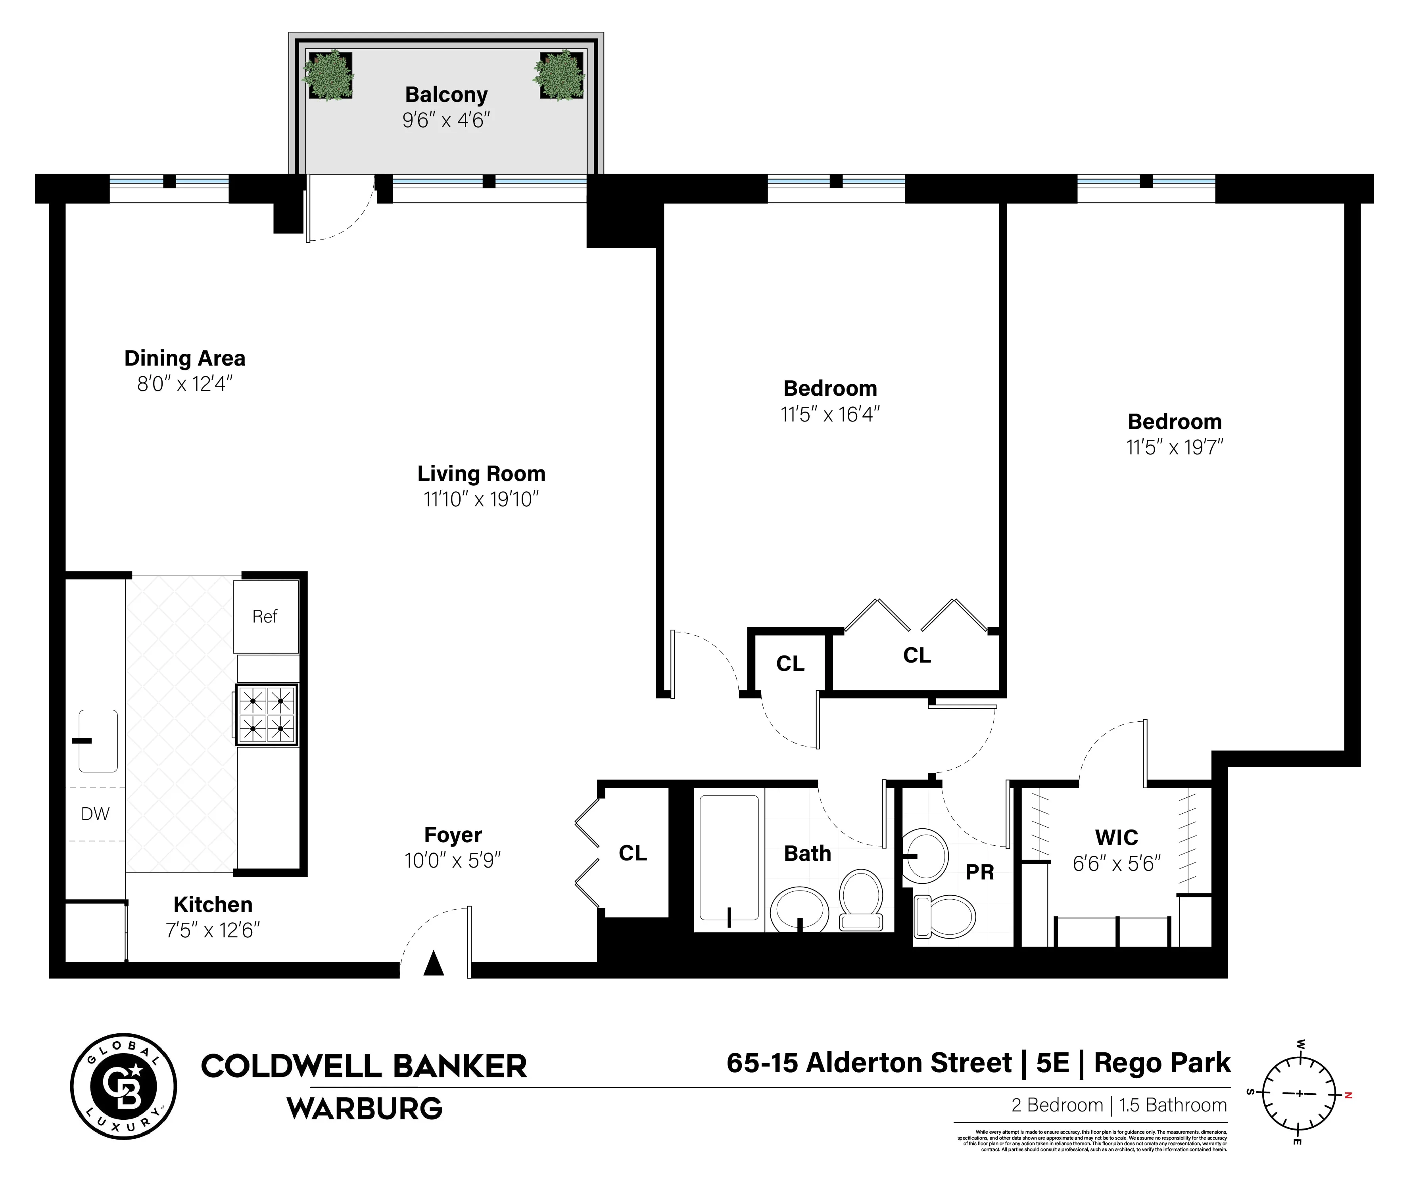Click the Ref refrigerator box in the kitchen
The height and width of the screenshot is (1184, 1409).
(x=266, y=616)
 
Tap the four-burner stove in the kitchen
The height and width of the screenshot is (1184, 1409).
(x=267, y=715)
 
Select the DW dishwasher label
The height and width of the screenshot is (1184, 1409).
(x=95, y=814)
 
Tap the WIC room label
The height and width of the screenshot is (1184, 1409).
(x=1116, y=838)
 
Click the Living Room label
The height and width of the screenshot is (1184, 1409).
(x=481, y=474)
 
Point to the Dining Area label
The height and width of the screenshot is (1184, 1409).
(x=185, y=358)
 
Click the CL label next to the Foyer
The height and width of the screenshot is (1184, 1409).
(x=633, y=853)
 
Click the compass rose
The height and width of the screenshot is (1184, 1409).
(x=1299, y=1094)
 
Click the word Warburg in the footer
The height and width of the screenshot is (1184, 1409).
(x=365, y=1108)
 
